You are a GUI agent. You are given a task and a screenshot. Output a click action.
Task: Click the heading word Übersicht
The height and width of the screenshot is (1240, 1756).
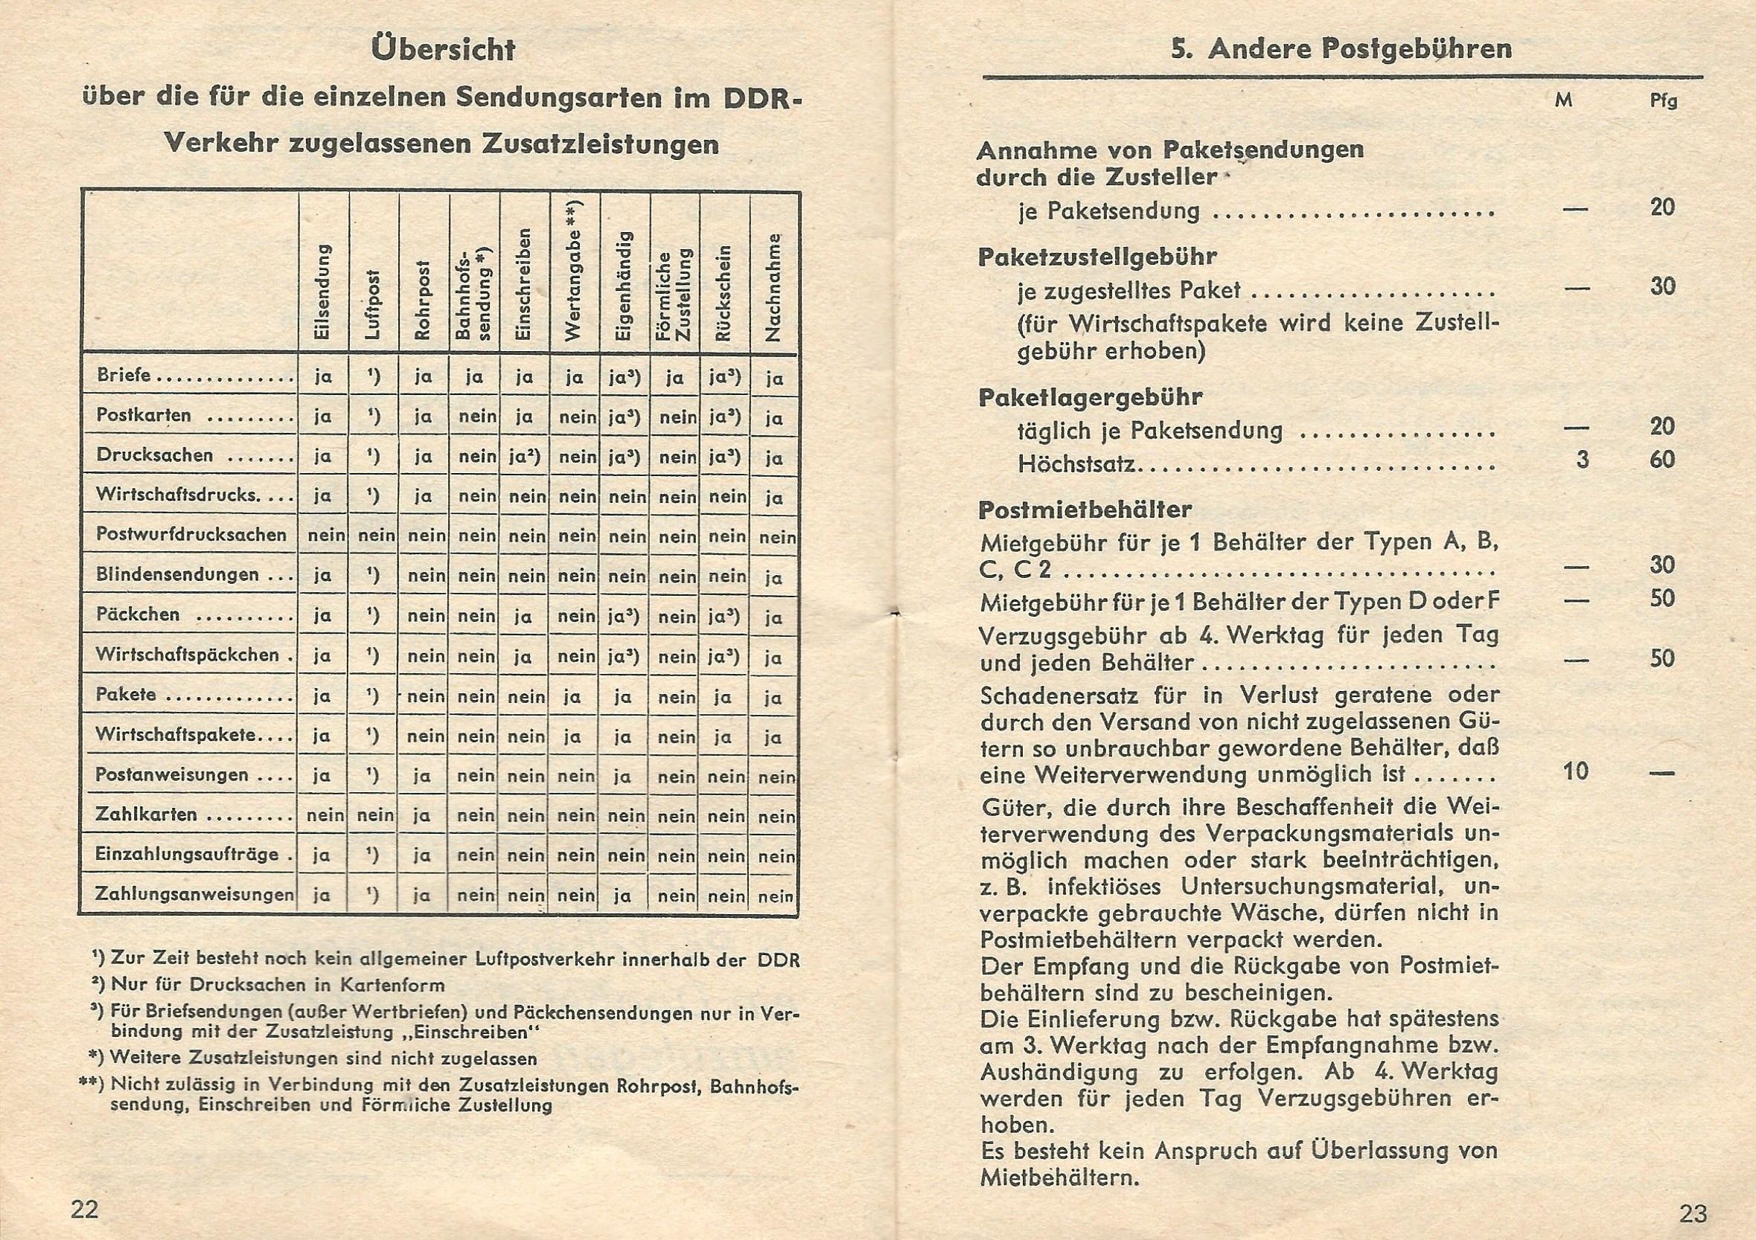(x=442, y=51)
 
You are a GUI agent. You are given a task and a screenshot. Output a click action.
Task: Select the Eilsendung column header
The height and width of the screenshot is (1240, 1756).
(x=323, y=292)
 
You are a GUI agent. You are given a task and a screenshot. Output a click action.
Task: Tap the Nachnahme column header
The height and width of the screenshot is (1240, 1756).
(x=774, y=286)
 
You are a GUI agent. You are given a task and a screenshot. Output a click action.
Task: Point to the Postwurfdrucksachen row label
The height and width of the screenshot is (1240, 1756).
(x=191, y=534)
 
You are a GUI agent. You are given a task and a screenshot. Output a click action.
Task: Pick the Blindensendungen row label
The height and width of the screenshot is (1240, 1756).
(x=177, y=574)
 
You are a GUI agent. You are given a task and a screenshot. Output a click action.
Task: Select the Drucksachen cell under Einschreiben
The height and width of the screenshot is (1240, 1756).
(x=524, y=457)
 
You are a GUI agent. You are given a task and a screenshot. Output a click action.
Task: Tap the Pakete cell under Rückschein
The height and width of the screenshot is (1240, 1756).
(x=724, y=696)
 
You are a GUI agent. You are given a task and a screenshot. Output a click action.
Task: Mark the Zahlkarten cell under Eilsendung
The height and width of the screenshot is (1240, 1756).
(x=325, y=815)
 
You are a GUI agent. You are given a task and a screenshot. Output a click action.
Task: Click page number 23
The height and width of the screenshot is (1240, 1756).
(x=1693, y=1213)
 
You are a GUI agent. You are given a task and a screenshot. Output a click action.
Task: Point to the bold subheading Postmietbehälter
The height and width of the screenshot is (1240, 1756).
(x=1085, y=509)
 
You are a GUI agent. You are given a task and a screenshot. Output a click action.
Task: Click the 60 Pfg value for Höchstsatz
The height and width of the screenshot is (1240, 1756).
(x=1662, y=460)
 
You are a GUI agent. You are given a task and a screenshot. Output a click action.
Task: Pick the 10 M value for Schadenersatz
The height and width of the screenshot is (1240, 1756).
(x=1576, y=771)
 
